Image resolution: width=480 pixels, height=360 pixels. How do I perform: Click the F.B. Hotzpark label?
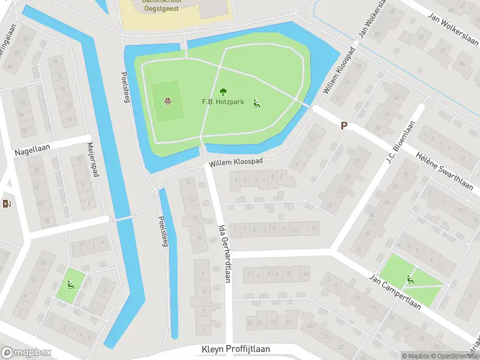[x=223, y=102]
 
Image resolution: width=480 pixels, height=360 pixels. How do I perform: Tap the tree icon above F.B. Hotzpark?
[x=223, y=92]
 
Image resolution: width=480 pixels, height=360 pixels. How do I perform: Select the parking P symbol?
[x=344, y=125]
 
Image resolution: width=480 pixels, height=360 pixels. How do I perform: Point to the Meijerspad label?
[x=94, y=159]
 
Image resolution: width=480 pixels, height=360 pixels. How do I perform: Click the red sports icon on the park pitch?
[x=167, y=101]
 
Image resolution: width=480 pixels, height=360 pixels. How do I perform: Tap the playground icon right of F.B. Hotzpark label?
[x=257, y=103]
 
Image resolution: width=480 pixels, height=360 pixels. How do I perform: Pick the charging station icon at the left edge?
[x=7, y=204]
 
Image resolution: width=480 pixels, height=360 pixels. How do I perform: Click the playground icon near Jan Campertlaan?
[x=411, y=278]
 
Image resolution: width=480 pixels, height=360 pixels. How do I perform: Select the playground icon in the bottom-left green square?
[x=71, y=285]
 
